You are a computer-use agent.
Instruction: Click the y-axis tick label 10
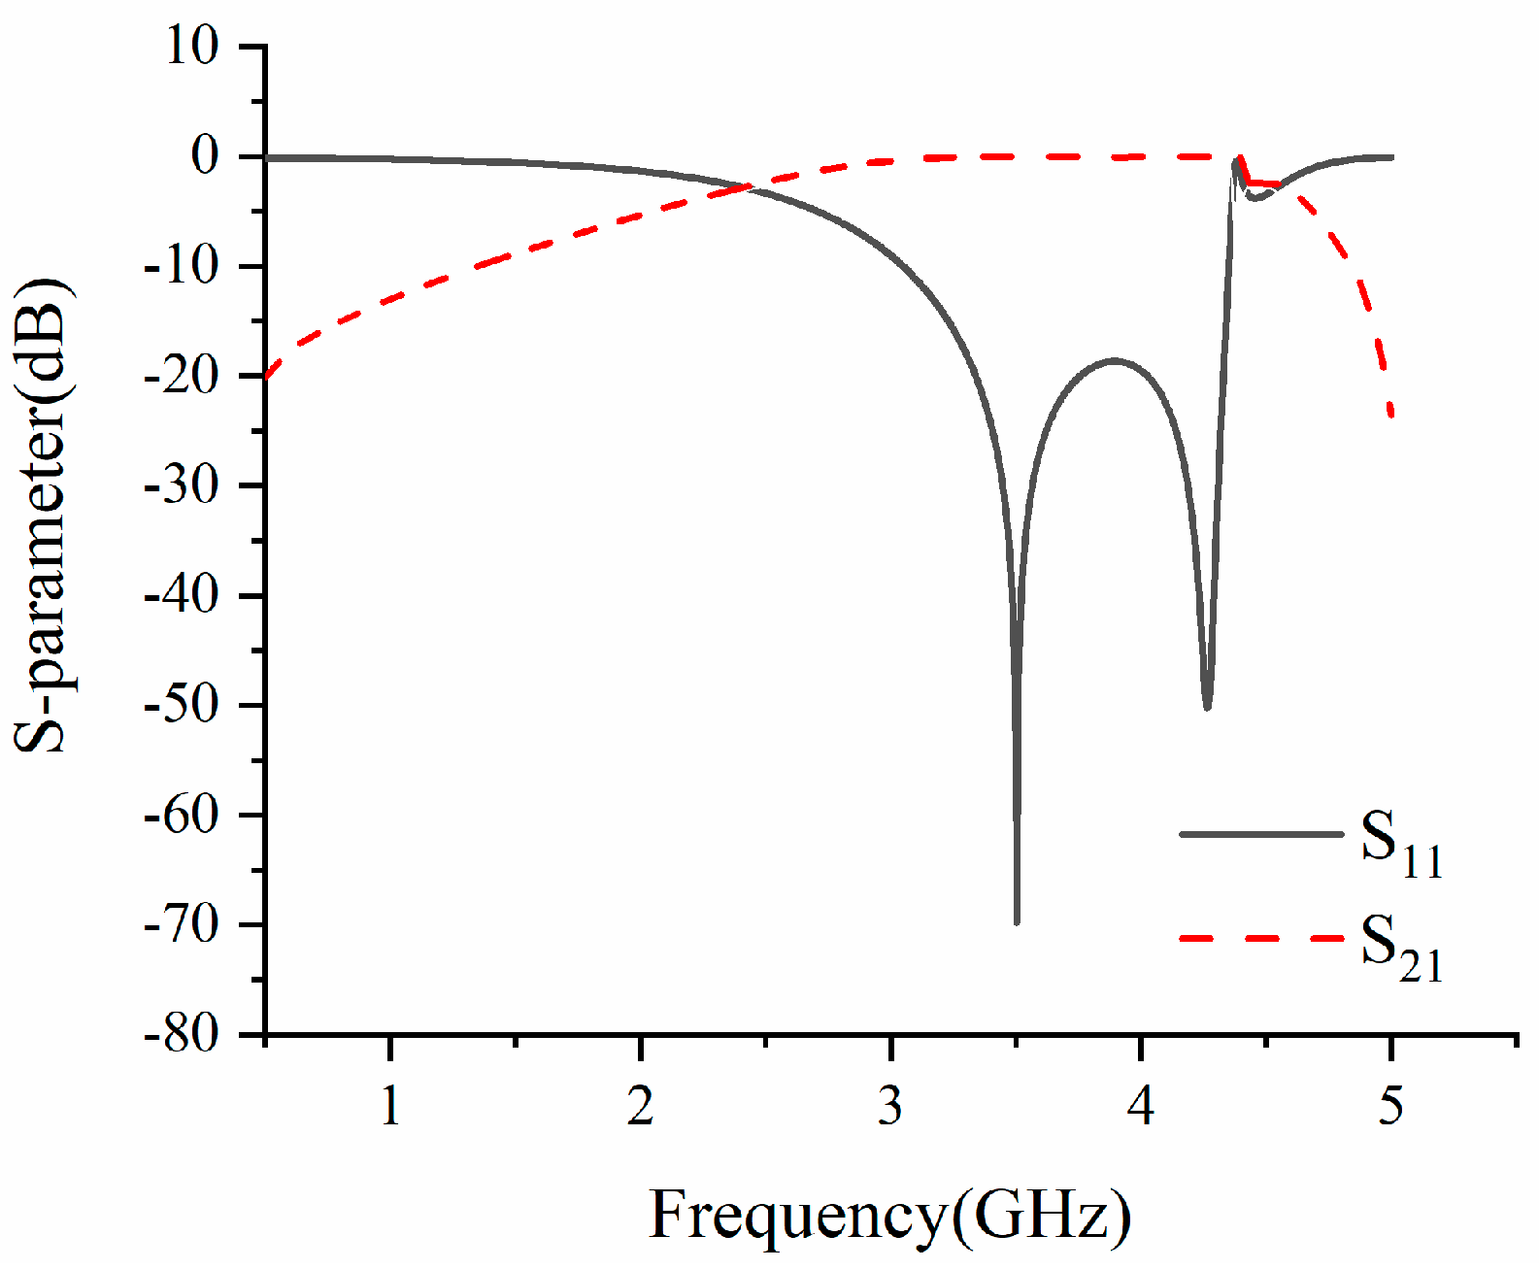[192, 47]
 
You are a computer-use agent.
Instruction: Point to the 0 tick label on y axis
[206, 156]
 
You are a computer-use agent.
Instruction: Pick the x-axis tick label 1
[389, 1105]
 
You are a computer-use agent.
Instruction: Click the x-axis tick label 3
[890, 1105]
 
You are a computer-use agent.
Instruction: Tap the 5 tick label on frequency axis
[1390, 1105]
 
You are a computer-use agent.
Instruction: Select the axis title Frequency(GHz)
[889, 1216]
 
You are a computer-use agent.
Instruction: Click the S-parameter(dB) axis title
[43, 517]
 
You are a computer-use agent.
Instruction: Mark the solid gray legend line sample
[1261, 834]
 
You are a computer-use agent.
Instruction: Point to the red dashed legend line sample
[1261, 939]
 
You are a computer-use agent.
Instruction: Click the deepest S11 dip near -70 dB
[1017, 920]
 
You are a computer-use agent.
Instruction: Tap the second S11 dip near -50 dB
[1207, 707]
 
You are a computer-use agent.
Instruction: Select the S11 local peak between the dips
[1114, 360]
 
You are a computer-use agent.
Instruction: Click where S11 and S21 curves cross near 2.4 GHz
[749, 186]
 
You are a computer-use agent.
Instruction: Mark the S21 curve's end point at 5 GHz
[1391, 416]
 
